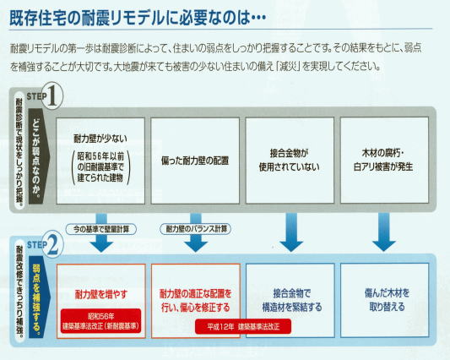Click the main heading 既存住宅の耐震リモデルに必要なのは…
[x=138, y=18]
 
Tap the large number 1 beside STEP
[x=52, y=96]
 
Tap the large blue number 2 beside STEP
[x=52, y=244]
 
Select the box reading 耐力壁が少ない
[x=100, y=161]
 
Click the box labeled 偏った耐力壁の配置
[x=195, y=161]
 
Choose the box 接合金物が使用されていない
[x=290, y=161]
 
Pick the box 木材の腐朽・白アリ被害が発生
[x=384, y=160]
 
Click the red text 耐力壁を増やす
[x=101, y=294]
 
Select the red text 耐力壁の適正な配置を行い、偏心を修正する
[x=195, y=301]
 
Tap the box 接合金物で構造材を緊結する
[x=290, y=300]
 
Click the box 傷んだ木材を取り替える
[x=384, y=300]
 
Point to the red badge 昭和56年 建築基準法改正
[x=100, y=321]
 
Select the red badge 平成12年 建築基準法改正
[x=243, y=327]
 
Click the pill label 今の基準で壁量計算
[x=101, y=229]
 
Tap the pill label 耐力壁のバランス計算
[x=195, y=229]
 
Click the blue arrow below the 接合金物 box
[x=291, y=232]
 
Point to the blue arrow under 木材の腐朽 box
[x=384, y=232]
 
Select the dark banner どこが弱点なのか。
[x=39, y=156]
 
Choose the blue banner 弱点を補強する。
[x=39, y=297]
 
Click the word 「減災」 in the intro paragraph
[x=287, y=67]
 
